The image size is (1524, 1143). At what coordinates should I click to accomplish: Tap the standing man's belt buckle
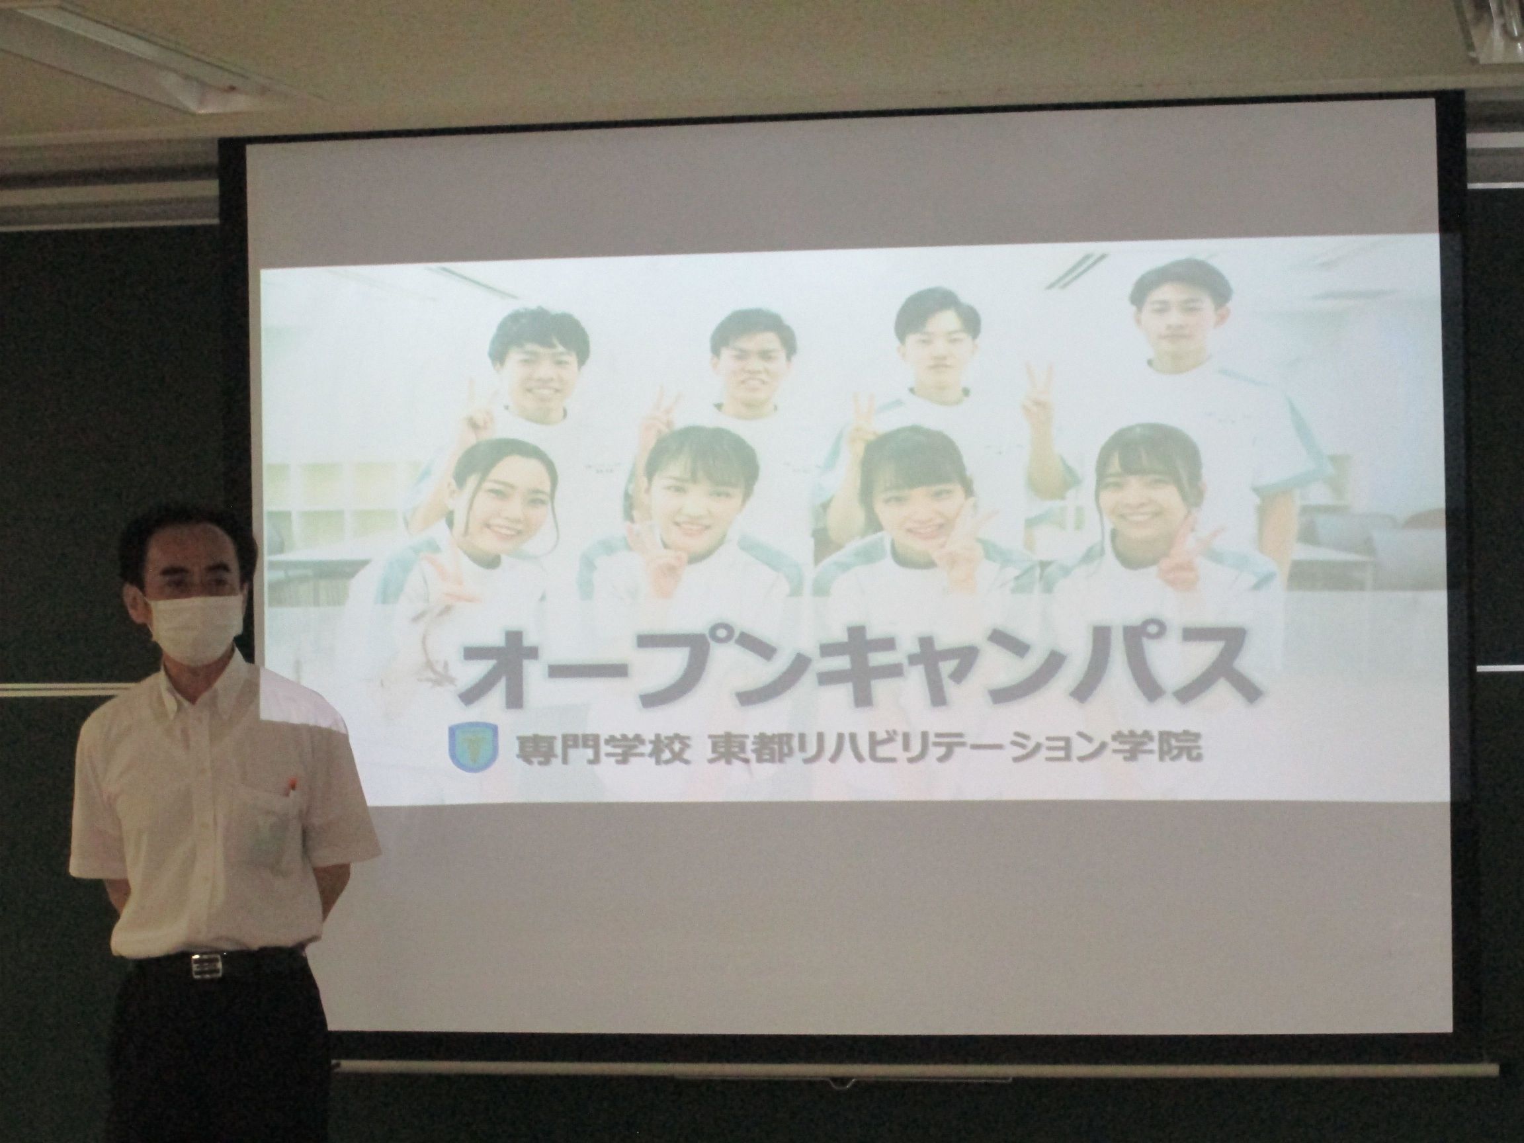[x=204, y=965]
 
